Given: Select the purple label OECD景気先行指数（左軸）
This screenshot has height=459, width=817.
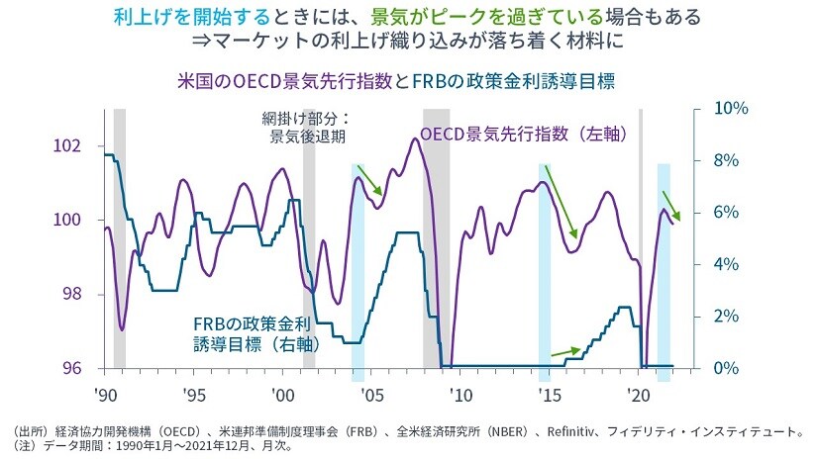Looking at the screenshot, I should coord(525,135).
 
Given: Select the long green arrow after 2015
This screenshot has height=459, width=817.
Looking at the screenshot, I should coord(561,203).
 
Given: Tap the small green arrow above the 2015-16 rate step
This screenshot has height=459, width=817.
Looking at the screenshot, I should coord(565,349).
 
